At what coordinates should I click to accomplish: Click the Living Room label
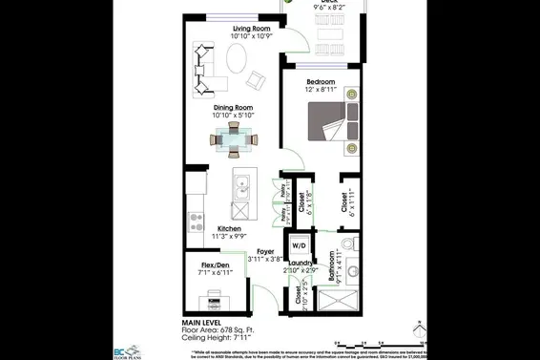[x=252, y=30]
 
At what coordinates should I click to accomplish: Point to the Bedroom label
[x=320, y=82]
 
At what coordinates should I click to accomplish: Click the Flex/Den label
[x=215, y=265]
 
